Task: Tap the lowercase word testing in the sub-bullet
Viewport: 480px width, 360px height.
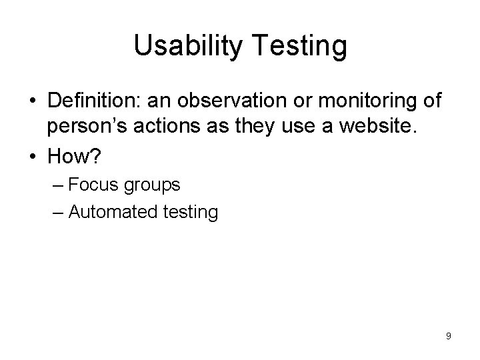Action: click(187, 212)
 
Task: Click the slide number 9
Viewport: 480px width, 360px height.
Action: click(449, 336)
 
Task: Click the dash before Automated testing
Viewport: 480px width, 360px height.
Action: click(57, 212)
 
